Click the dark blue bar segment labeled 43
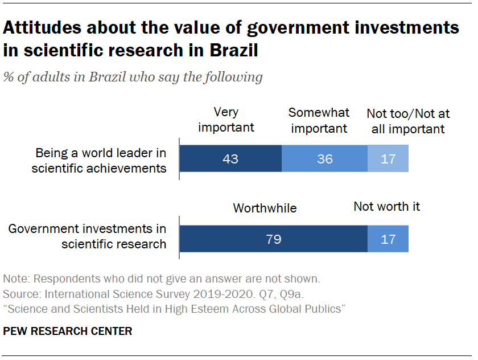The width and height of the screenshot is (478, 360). tap(230, 159)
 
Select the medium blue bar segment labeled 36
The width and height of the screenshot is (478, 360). tap(324, 159)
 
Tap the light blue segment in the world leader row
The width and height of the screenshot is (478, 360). tap(388, 159)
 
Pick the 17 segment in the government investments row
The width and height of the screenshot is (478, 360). tap(388, 239)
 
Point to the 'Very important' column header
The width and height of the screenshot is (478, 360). tap(226, 120)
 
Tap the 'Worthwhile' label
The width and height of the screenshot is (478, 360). tap(265, 208)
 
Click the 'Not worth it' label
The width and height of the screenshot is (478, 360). tap(386, 206)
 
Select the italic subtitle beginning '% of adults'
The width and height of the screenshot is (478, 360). tap(133, 77)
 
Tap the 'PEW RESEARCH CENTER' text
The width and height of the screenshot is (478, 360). tap(68, 331)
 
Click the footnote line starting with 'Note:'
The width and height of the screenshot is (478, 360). tap(162, 280)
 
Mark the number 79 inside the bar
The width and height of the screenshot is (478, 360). tap(274, 239)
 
